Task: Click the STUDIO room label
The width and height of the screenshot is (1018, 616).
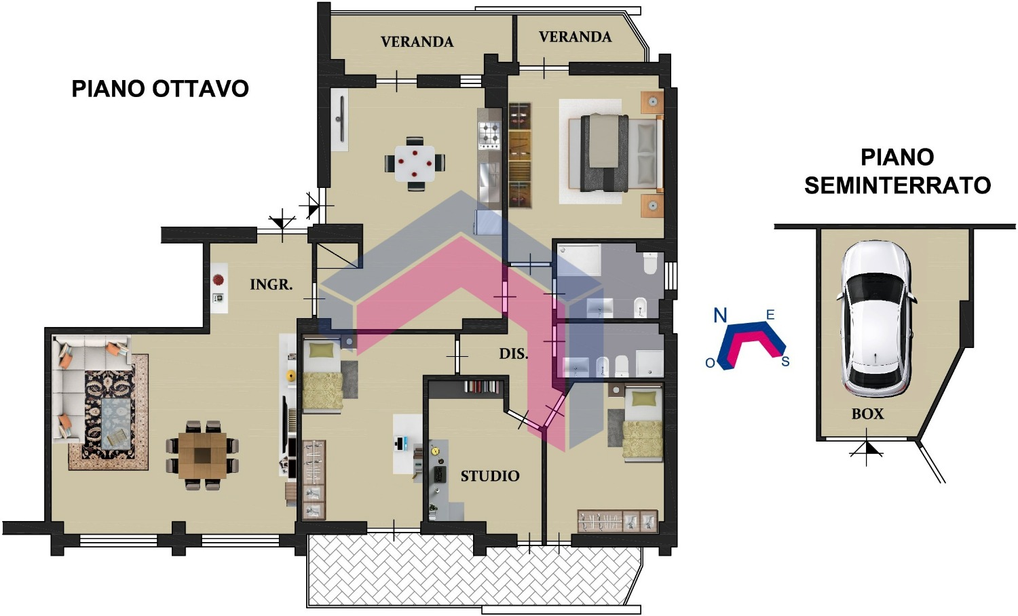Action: [x=490, y=476]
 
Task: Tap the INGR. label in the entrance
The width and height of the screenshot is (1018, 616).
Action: [x=271, y=285]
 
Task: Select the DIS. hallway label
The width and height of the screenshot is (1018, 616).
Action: [x=514, y=354]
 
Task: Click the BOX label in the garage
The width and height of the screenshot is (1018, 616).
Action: [x=867, y=414]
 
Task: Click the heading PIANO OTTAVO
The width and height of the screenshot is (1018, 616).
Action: [x=160, y=89]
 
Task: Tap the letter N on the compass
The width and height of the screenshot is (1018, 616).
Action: [x=720, y=315]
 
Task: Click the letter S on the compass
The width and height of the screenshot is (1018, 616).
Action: [x=785, y=362]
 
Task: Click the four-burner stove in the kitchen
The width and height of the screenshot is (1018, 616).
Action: [x=489, y=134]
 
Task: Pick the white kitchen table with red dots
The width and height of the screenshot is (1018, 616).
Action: [x=415, y=163]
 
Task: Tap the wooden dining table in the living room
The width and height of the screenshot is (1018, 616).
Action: [x=202, y=456]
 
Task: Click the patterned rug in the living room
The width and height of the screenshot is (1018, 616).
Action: [x=109, y=412]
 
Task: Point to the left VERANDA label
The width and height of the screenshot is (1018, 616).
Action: [x=417, y=42]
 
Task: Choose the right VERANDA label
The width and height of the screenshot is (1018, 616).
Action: [x=576, y=37]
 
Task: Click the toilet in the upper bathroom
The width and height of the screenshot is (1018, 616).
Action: [x=650, y=263]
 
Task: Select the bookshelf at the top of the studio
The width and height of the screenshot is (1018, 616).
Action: [x=481, y=387]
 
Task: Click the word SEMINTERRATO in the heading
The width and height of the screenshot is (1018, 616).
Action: [x=898, y=185]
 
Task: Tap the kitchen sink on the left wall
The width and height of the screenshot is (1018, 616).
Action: [x=339, y=119]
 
